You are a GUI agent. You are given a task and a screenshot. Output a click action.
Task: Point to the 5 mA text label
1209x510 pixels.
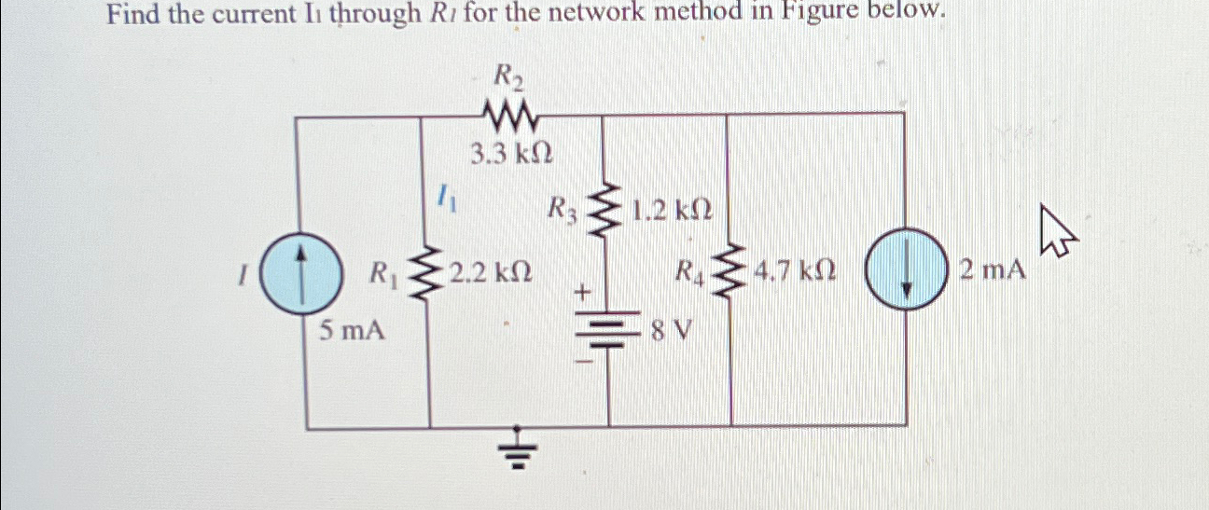coord(352,328)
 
